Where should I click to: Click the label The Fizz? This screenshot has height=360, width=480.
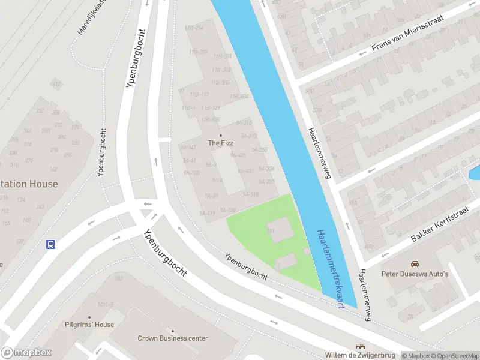[x=220, y=143]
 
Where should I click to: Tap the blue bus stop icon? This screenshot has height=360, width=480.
[x=51, y=244]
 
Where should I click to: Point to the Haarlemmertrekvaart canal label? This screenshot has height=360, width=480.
[x=330, y=268]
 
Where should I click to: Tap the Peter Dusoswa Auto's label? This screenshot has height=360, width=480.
[x=415, y=274]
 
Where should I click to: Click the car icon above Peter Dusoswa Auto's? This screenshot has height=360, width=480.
[x=415, y=264]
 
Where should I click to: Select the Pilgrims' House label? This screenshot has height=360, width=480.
[x=89, y=325]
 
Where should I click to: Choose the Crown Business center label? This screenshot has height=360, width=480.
[x=173, y=338]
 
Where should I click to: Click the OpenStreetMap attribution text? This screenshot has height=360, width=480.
[x=455, y=356]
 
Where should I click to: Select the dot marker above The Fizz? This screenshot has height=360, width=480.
[x=220, y=135]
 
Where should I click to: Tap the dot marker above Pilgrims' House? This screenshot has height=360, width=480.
[x=89, y=317]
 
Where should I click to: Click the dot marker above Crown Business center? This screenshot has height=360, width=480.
[x=173, y=331]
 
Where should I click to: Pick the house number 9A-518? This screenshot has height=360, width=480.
[x=250, y=194]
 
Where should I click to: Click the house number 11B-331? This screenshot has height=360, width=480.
[x=222, y=56]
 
